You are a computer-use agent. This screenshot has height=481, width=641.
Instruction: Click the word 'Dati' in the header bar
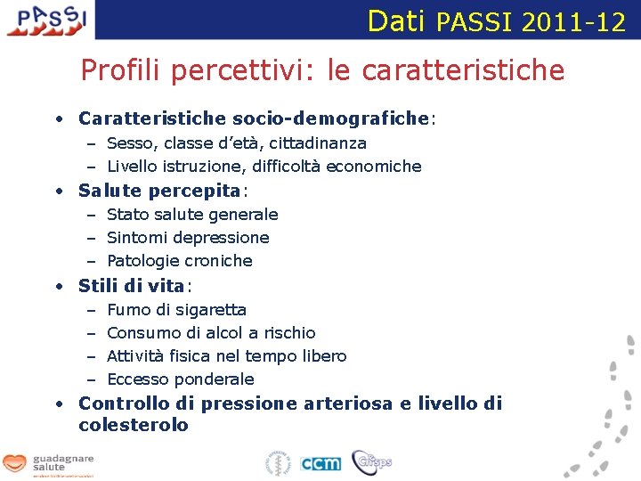(397, 20)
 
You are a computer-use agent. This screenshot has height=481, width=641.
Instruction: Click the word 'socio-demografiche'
(330, 118)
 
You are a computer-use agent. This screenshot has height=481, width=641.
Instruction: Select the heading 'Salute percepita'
(159, 191)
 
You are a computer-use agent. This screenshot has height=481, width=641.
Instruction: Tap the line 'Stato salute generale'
(192, 214)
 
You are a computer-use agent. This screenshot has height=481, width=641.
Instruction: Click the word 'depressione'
(227, 237)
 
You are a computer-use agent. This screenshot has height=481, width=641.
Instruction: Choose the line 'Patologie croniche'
(180, 260)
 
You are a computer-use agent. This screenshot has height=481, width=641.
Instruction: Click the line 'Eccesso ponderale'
(180, 379)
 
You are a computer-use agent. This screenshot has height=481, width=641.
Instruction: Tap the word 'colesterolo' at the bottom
(134, 425)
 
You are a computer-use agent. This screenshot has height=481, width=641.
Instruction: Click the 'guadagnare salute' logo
(49, 464)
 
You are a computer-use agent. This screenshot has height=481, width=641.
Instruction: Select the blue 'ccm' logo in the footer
(320, 463)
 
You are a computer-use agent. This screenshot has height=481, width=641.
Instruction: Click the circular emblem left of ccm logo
(279, 463)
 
